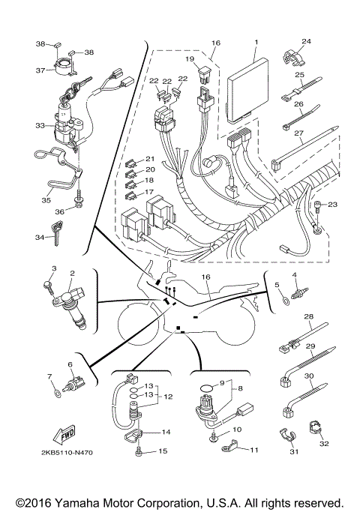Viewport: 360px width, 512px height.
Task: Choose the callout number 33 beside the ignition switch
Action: [40, 127]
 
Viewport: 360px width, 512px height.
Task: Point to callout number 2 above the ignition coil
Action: [71, 274]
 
